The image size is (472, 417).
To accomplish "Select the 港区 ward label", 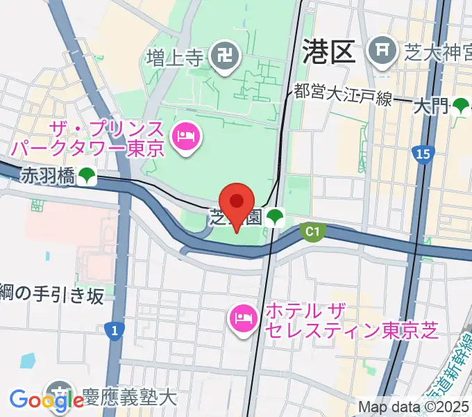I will click(329, 51).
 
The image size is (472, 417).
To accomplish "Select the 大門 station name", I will click(430, 106).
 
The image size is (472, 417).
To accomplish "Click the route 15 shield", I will click(421, 154).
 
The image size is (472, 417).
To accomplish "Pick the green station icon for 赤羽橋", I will click(86, 177).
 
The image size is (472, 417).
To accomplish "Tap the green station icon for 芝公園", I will click(276, 216).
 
